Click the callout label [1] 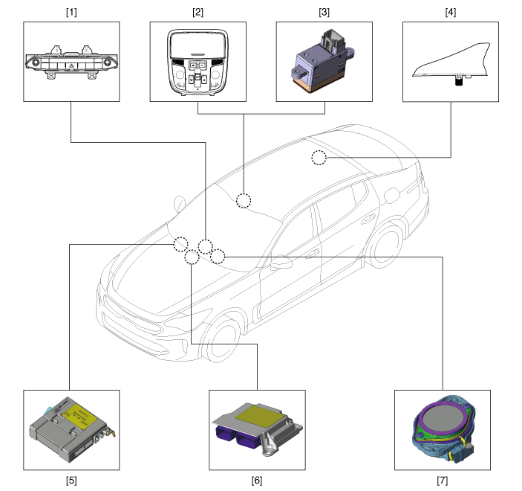[71, 13]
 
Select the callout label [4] [451, 13]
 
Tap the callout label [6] [257, 481]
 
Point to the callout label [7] [442, 481]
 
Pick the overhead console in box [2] [198, 62]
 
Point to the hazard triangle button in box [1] [71, 66]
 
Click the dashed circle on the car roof [319, 158]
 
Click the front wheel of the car [221, 338]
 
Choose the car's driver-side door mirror [281, 262]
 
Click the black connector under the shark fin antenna [459, 81]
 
